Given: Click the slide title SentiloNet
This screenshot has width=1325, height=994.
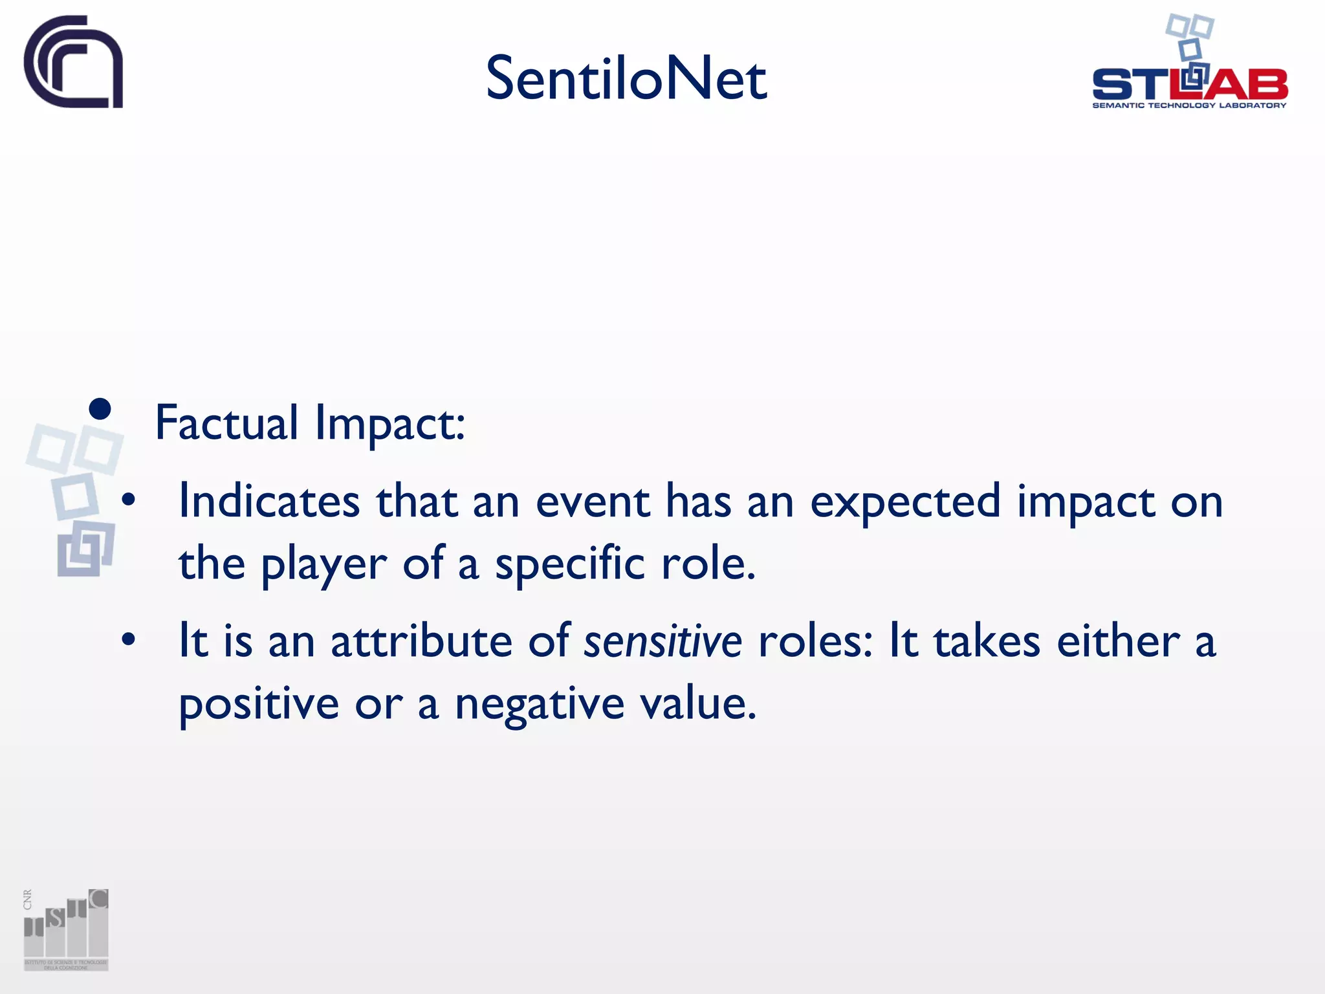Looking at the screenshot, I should (626, 79).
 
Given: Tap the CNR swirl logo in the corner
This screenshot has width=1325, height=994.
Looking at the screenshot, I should (74, 62).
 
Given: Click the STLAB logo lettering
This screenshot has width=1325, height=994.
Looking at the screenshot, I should (1189, 84).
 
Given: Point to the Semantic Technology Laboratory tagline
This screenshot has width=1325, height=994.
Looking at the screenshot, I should (1189, 105).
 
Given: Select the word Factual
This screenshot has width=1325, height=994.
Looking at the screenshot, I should (226, 423).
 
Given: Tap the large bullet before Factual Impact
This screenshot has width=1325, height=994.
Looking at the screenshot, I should (100, 409).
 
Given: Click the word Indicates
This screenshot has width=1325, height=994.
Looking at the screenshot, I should (268, 502).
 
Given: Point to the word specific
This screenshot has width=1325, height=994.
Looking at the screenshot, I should (570, 564).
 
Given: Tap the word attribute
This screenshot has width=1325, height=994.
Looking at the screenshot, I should (421, 641).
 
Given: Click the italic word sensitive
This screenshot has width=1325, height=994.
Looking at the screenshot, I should (662, 641).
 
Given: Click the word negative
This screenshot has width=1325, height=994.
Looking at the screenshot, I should (540, 703).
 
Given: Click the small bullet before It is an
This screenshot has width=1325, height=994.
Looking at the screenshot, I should (129, 639).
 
